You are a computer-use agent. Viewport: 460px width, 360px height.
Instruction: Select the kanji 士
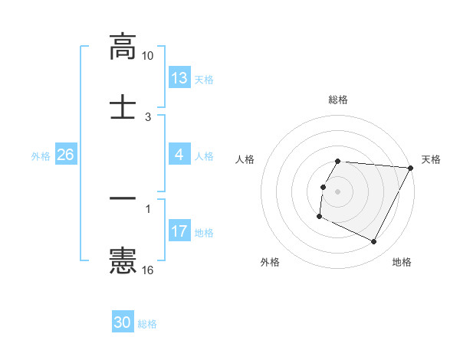coord(123,106)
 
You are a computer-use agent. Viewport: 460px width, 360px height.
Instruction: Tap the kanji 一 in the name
coord(123,198)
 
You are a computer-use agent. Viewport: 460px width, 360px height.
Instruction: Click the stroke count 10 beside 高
coord(148,56)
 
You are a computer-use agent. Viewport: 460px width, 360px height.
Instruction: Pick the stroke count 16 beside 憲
coord(148,270)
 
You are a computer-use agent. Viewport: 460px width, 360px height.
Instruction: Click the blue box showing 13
coord(179,78)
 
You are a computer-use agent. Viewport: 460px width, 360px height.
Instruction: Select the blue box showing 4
coord(179,155)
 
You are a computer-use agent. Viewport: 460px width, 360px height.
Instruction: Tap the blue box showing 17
coord(179,231)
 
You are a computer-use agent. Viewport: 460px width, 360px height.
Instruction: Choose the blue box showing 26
coord(65,155)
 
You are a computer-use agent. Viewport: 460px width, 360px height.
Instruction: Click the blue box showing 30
coord(123,322)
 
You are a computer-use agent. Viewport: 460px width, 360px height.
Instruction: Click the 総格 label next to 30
coord(147,324)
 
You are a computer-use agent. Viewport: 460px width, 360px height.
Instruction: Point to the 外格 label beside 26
coord(41,156)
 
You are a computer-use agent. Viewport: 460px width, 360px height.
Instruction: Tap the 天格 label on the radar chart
coord(431,159)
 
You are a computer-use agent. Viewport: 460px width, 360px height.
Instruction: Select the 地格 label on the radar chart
coord(402,263)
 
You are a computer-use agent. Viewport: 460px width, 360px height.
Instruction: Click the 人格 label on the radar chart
coord(245,159)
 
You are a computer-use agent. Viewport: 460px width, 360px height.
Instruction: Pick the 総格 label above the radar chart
coord(338,100)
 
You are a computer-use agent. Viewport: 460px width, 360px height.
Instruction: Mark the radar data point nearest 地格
coord(374,242)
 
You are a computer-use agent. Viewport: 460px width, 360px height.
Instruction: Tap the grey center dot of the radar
coord(338,191)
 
